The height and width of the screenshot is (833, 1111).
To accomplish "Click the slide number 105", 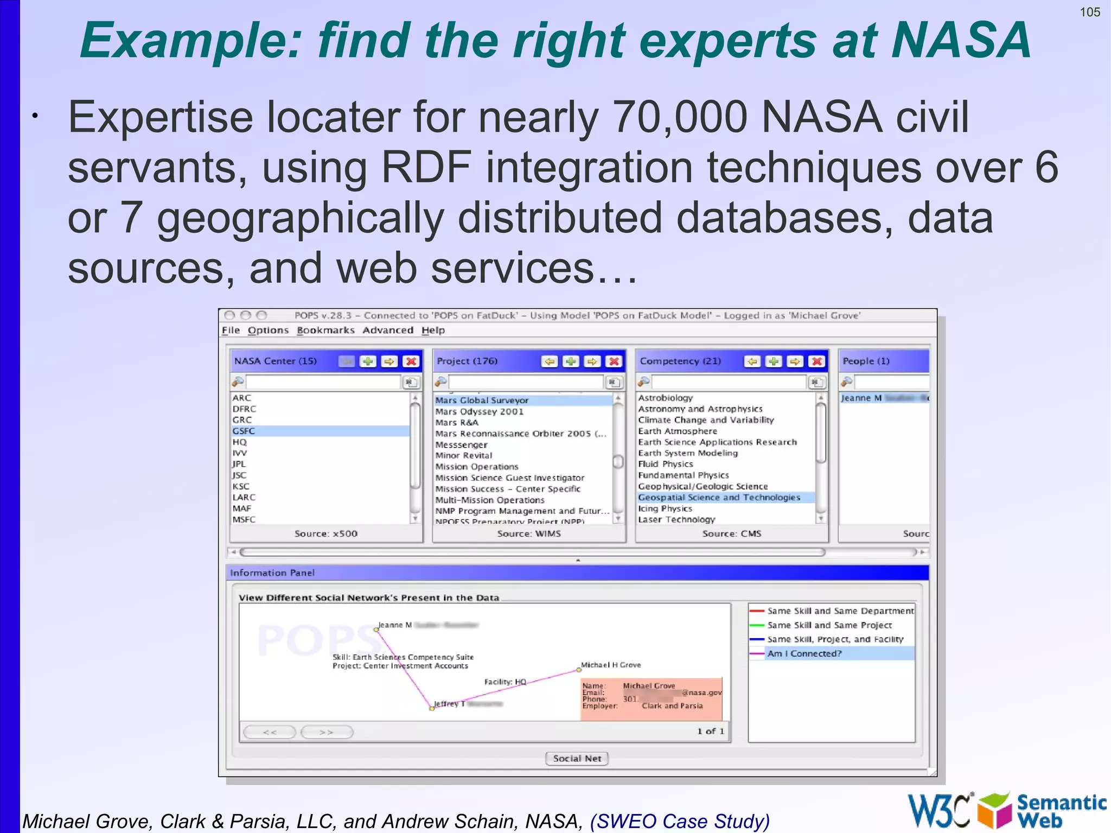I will (x=1090, y=12).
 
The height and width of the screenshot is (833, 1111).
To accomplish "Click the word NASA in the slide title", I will (x=961, y=40).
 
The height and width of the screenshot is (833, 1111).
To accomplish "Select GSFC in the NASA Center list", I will (x=244, y=431).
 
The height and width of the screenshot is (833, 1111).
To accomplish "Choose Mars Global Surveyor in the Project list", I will (x=482, y=400).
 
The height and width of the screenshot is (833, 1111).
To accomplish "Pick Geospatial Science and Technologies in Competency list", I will (x=719, y=498).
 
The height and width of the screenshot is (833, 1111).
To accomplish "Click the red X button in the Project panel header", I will (x=614, y=361).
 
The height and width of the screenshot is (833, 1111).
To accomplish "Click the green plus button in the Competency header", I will (x=774, y=361).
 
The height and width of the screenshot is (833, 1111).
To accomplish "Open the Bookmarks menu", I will (x=325, y=330).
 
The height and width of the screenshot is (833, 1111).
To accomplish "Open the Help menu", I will (x=433, y=330).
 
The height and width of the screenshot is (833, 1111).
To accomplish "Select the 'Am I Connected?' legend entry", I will (x=804, y=654).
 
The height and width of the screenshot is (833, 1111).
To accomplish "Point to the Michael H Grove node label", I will (x=611, y=665).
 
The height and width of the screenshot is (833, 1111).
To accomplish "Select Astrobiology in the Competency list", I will (x=666, y=398).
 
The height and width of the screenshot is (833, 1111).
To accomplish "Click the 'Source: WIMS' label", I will (x=529, y=534).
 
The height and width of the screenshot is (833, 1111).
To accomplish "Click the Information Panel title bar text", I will (x=272, y=573).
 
